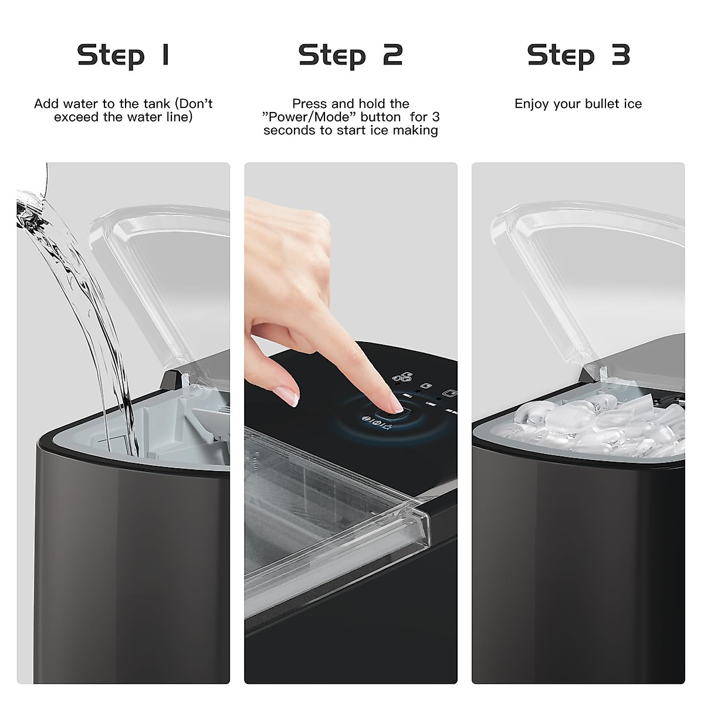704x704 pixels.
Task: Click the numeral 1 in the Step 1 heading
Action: click(x=165, y=55)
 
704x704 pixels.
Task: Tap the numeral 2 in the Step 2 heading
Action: click(x=392, y=55)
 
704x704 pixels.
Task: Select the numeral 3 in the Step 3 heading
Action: click(x=621, y=55)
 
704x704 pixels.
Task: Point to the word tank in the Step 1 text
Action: click(x=158, y=104)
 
